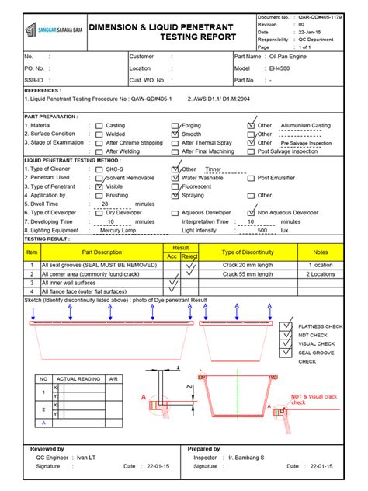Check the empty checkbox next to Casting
click(98, 125)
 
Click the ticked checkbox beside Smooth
click(174, 134)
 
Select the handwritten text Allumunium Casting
click(305, 125)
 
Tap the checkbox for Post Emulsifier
click(250, 178)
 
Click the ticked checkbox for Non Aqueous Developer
click(250, 212)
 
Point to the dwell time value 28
click(105, 204)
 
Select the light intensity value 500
click(262, 230)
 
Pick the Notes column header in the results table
click(320, 252)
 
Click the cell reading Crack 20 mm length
click(241, 265)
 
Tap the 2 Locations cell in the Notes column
click(320, 274)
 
